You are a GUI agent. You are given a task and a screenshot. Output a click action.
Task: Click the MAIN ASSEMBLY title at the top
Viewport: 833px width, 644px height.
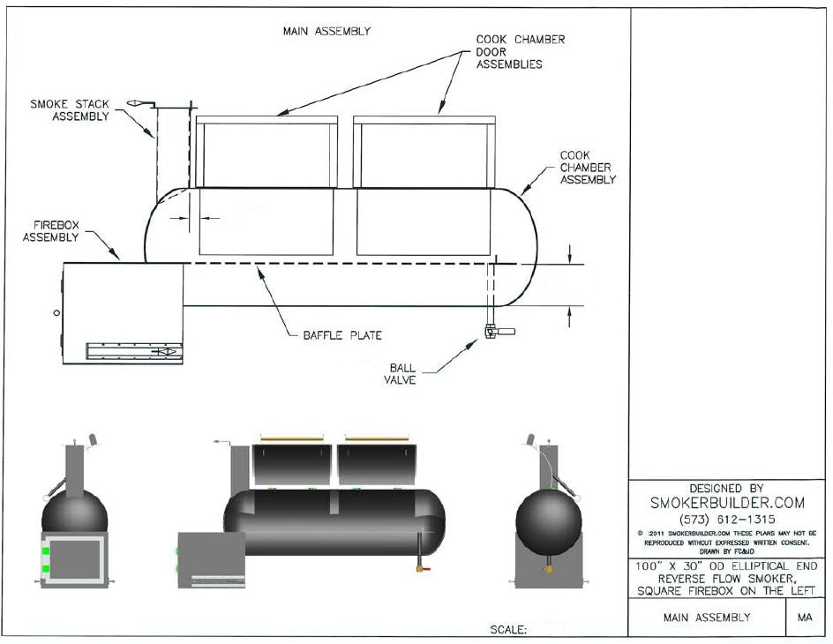(x=326, y=31)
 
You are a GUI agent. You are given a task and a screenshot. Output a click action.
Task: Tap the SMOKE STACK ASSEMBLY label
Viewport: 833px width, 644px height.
(x=79, y=110)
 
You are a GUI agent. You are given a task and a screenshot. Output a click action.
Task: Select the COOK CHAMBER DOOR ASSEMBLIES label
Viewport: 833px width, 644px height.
(x=521, y=51)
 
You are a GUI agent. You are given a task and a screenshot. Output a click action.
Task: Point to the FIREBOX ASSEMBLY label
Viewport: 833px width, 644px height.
(x=50, y=231)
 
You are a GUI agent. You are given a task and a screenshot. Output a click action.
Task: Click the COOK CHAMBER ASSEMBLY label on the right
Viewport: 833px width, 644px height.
(x=588, y=168)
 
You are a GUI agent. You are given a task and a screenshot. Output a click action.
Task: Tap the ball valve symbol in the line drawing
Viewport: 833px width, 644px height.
(x=495, y=331)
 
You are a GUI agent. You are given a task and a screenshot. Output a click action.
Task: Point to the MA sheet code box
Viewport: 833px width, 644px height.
(x=805, y=618)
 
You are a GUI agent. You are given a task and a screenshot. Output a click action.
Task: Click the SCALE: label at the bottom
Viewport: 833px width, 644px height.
(x=508, y=630)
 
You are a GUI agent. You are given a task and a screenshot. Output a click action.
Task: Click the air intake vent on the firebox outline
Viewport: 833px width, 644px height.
(x=132, y=351)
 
